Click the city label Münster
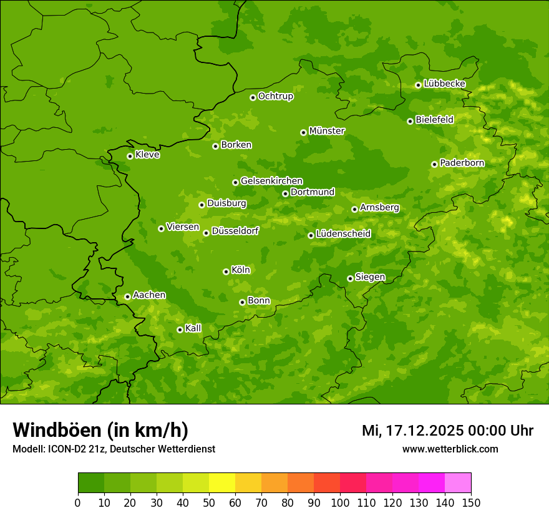pyautogui.click(x=327, y=131)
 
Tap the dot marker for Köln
pyautogui.click(x=226, y=271)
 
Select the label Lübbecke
pyautogui.click(x=444, y=84)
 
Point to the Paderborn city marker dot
pyautogui.click(x=434, y=164)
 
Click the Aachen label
pyautogui.click(x=149, y=295)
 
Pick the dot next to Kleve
pyautogui.click(x=130, y=156)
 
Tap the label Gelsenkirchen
pyautogui.click(x=271, y=181)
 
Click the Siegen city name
pyautogui.click(x=370, y=277)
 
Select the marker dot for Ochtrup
pyautogui.click(x=253, y=97)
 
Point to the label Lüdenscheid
pyautogui.click(x=343, y=234)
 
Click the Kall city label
pyautogui.click(x=193, y=328)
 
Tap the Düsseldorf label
pyautogui.click(x=235, y=231)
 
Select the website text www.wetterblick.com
pyautogui.click(x=450, y=449)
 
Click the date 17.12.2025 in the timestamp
pyautogui.click(x=422, y=431)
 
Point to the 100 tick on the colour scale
pyautogui.click(x=340, y=502)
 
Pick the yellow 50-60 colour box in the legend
pyautogui.click(x=222, y=483)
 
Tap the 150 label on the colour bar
pyautogui.click(x=470, y=502)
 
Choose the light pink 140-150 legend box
pyautogui.click(x=458, y=483)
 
